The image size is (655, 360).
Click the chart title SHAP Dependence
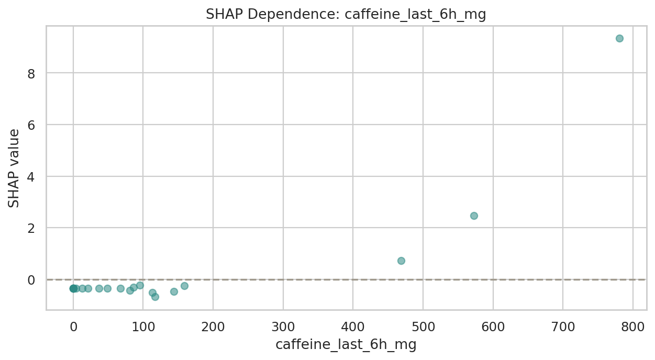pos(346,15)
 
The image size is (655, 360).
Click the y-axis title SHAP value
pos(14,168)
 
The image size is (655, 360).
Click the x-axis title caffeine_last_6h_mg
pos(346,345)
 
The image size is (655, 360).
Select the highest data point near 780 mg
pos(619,38)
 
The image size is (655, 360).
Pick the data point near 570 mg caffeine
pos(474,216)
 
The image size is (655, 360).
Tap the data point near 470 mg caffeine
pos(401,261)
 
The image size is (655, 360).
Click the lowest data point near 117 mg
pos(155,297)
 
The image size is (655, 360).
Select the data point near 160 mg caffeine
pos(184,286)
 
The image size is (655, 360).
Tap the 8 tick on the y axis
pos(32,73)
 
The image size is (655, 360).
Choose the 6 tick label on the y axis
pos(32,125)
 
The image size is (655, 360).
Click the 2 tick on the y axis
pos(32,228)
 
